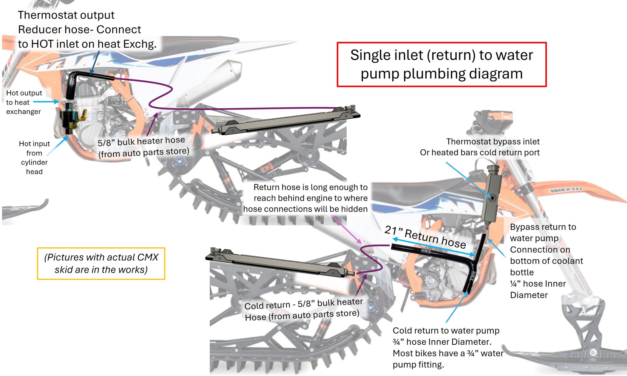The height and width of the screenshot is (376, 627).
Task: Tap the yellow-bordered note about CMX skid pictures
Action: (101, 263)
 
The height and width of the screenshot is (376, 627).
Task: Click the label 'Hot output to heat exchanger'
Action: (24, 102)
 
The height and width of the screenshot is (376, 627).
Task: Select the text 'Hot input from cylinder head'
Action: (34, 157)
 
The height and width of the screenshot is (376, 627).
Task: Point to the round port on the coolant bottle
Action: (493, 198)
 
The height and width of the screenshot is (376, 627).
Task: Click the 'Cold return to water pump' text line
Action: (446, 330)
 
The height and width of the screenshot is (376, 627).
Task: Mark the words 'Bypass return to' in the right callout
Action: (543, 227)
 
